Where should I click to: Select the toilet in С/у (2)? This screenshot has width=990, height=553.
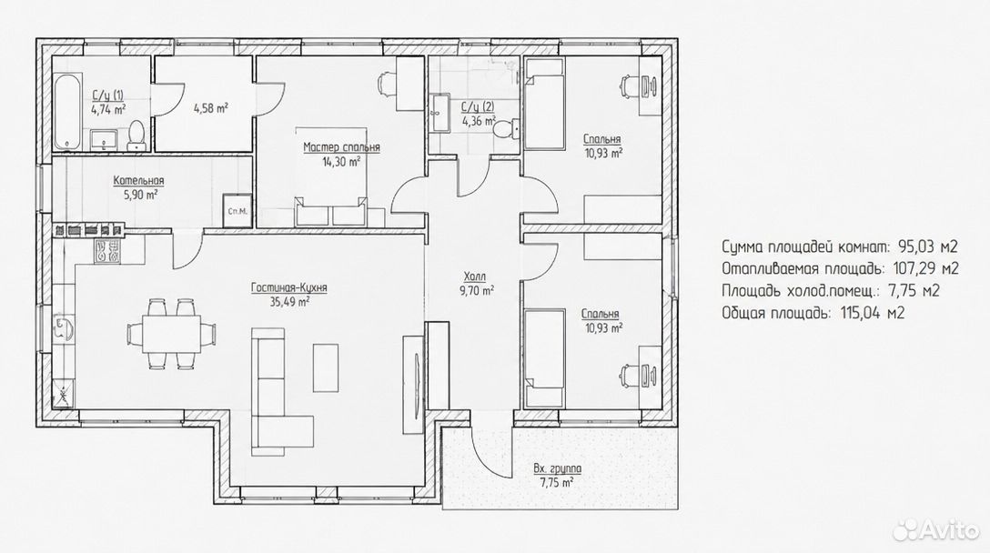pyautogui.click(x=505, y=129)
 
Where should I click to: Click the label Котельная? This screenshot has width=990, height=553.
pyautogui.click(x=139, y=181)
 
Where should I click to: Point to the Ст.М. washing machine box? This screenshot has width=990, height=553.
pyautogui.click(x=237, y=210)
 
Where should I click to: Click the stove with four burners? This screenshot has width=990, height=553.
pyautogui.click(x=107, y=251)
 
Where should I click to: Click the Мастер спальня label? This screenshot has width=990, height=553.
pyautogui.click(x=341, y=147)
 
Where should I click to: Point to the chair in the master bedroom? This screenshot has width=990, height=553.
pyautogui.click(x=386, y=84)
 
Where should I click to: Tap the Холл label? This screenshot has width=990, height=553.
pyautogui.click(x=475, y=277)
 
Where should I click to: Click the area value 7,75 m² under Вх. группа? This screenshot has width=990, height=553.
pyautogui.click(x=557, y=483)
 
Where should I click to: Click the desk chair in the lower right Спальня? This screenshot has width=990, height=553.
pyautogui.click(x=628, y=374)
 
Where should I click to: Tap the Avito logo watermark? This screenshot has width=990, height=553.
pyautogui.click(x=936, y=530)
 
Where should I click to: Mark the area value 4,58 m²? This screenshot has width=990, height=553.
pyautogui.click(x=211, y=108)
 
